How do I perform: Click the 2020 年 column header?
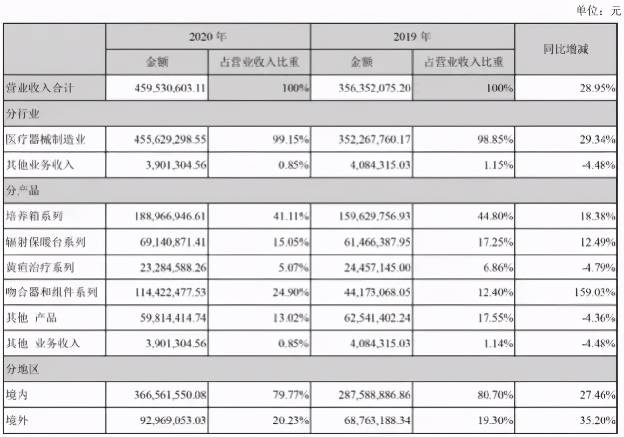208,36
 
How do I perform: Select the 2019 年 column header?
412,36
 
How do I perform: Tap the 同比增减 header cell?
565,49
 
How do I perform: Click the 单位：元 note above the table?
598,11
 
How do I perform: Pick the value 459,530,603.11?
169,89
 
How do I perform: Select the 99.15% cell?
292,140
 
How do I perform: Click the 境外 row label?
17,420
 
